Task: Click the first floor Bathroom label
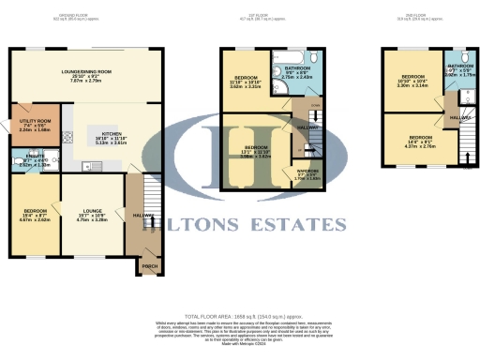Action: click(x=298, y=69)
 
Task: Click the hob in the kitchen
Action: click(x=67, y=139)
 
